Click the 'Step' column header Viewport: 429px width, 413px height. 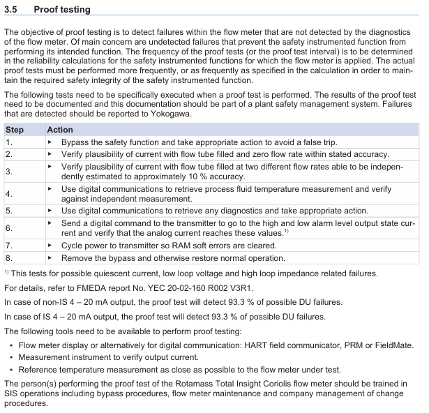pyautogui.click(x=15, y=130)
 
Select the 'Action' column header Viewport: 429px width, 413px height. pyautogui.click(x=60, y=130)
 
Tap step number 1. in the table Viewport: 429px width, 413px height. pyautogui.click(x=9, y=142)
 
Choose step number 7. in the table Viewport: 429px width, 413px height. pyautogui.click(x=9, y=246)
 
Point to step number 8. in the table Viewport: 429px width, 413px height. pyautogui.click(x=9, y=257)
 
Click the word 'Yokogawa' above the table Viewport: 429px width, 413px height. pyautogui.click(x=165, y=114)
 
